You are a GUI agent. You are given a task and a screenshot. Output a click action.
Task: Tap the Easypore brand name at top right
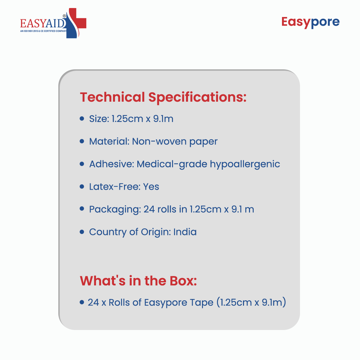click(310, 23)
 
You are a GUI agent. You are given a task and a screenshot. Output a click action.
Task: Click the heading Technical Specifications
click(163, 97)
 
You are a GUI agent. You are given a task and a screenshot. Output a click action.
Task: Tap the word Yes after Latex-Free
click(151, 187)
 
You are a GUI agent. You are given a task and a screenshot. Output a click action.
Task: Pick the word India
click(185, 232)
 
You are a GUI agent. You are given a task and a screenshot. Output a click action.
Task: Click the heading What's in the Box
click(138, 281)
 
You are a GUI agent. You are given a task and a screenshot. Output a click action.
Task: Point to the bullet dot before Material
click(82, 141)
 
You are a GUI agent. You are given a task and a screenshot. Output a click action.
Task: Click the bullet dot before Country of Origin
click(82, 232)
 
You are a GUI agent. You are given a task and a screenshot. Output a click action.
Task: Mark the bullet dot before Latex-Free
click(82, 186)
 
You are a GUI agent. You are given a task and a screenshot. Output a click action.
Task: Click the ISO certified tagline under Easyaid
click(43, 31)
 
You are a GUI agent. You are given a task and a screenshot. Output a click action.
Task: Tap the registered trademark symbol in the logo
click(64, 16)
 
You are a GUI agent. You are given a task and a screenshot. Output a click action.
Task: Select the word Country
click(108, 232)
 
